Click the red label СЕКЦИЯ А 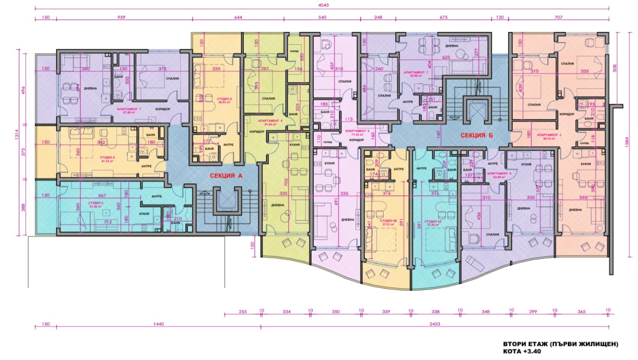(226, 175)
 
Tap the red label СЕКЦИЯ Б (477, 135)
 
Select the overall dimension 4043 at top (323, 5)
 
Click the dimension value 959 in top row (121, 17)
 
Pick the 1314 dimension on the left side (17, 142)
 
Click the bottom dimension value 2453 (435, 324)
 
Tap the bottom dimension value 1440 (158, 324)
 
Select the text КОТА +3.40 (522, 351)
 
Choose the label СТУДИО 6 (107, 157)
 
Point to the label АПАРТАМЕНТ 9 (270, 120)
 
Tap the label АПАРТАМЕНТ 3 (549, 135)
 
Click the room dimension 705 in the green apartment (286, 182)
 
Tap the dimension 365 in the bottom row (581, 311)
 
